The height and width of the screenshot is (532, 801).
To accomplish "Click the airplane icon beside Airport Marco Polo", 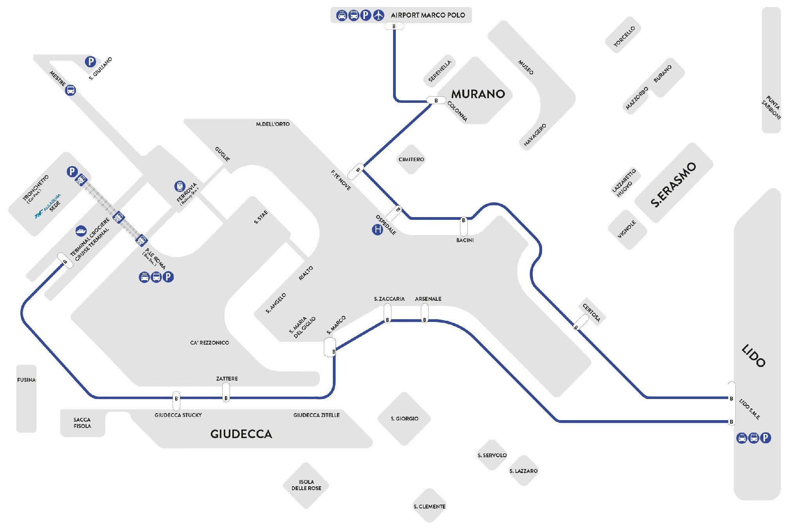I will pyautogui.click(x=378, y=15).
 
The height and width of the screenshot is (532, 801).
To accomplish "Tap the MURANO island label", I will pyautogui.click(x=478, y=94).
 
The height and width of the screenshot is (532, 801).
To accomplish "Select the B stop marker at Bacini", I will pyautogui.click(x=463, y=221).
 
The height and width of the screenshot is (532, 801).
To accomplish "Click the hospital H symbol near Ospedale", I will pyautogui.click(x=377, y=230).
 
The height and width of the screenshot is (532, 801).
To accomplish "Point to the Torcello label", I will pyautogui.click(x=624, y=36).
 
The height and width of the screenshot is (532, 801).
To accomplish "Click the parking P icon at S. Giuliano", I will pyautogui.click(x=90, y=61).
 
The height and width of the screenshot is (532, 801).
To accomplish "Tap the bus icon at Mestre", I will pyautogui.click(x=70, y=90).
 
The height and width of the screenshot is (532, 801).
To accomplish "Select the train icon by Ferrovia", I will pyautogui.click(x=180, y=186).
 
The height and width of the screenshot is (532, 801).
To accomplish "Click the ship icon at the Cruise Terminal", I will pyautogui.click(x=81, y=231).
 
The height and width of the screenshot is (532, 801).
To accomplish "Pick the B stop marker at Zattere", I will pyautogui.click(x=226, y=398).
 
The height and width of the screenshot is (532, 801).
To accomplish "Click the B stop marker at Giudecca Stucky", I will pyautogui.click(x=176, y=399).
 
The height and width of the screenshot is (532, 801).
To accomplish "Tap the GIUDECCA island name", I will pyautogui.click(x=241, y=434).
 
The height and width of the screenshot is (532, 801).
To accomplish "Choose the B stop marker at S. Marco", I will pyautogui.click(x=333, y=352).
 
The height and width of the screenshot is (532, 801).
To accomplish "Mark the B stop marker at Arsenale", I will pyautogui.click(x=424, y=320).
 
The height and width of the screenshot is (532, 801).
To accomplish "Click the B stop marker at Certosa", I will pyautogui.click(x=576, y=327).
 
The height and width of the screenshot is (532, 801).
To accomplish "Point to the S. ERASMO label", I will pyautogui.click(x=673, y=184).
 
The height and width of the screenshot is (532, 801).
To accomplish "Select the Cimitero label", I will pyautogui.click(x=411, y=159).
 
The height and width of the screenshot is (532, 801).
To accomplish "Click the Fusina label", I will pyautogui.click(x=26, y=380).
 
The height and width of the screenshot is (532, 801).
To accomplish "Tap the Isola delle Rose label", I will pyautogui.click(x=306, y=485).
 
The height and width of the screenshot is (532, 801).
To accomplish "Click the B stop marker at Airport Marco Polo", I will pyautogui.click(x=394, y=26).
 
